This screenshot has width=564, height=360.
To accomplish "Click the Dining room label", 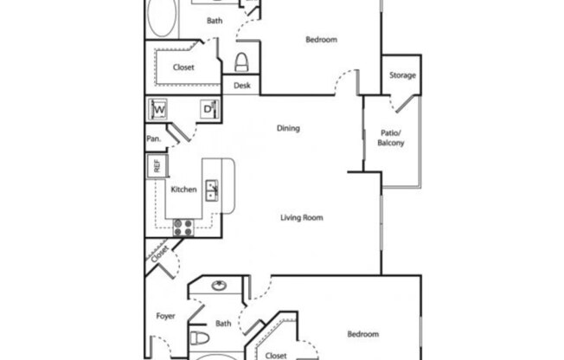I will tap(288, 129).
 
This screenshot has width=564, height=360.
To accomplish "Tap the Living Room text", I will tap(301, 218).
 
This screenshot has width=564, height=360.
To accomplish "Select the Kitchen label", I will tap(183, 190).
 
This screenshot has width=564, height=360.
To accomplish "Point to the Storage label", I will tap(402, 75).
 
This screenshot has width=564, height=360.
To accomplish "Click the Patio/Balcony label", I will tap(391, 138).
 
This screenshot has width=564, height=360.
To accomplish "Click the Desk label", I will tap(241, 87).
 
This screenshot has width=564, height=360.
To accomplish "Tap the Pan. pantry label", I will tap(152, 138).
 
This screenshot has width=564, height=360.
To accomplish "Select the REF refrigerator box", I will tap(157, 167).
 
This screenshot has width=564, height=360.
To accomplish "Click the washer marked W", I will tap(159, 110).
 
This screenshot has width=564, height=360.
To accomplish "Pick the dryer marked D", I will tap(208, 109).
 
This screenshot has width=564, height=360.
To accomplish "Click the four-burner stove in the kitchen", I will tap(183, 227).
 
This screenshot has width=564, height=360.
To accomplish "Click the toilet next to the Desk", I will tap(242, 61).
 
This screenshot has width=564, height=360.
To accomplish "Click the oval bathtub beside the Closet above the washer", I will tap(161, 17).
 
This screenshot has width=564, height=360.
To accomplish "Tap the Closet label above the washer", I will tap(183, 67).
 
